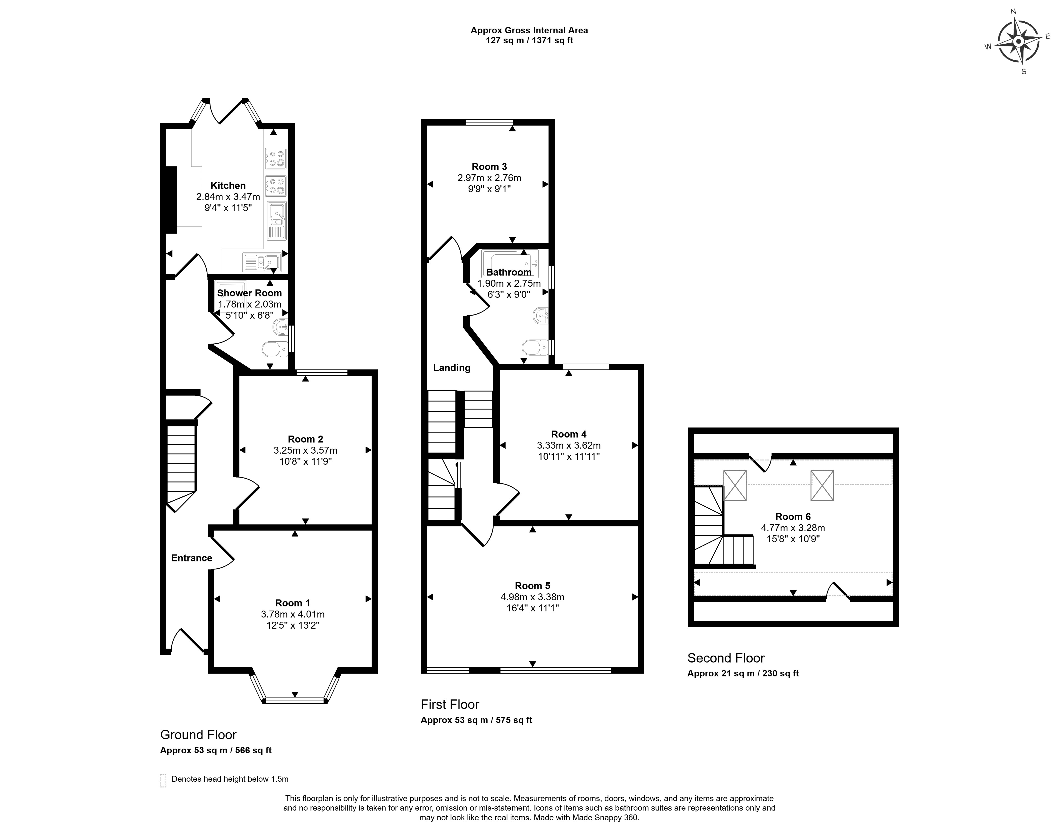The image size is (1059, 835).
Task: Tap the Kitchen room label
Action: [x=228, y=186]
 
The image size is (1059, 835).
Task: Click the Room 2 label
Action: [x=306, y=439]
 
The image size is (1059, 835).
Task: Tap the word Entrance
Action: [x=192, y=558]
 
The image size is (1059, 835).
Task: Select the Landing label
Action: [x=452, y=368]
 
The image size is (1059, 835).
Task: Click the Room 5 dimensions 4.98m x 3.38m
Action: [x=532, y=597]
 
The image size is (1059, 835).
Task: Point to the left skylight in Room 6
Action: [x=735, y=486]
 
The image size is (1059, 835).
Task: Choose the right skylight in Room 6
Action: [x=822, y=486]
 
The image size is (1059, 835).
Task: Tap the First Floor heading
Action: [x=450, y=704]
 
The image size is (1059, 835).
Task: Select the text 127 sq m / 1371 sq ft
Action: [x=529, y=41]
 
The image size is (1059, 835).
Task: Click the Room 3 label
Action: [x=489, y=167]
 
